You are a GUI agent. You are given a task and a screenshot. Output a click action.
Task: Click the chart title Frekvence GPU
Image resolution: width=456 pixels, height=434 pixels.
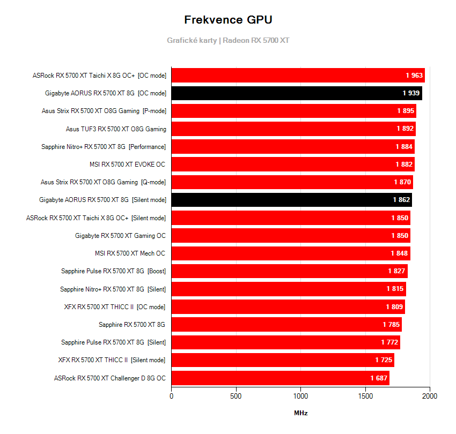point(228,20)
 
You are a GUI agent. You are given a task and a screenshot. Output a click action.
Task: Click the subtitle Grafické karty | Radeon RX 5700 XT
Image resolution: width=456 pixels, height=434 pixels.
point(228,40)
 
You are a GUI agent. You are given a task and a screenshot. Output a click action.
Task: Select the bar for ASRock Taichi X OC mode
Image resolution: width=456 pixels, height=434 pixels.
point(298,76)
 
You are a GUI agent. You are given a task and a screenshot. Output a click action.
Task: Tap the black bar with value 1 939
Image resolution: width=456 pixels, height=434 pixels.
point(297,93)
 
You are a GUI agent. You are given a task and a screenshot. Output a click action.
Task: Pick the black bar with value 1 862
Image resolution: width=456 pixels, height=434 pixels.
point(291,200)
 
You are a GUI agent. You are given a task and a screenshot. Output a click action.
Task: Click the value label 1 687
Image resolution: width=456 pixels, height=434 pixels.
point(379,378)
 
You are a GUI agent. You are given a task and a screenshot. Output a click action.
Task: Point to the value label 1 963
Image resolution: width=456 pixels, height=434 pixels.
point(415,76)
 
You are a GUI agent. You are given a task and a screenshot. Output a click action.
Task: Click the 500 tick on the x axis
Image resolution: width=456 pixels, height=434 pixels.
point(236,396)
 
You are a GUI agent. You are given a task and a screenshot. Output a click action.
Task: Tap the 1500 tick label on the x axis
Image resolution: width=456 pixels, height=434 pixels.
point(365,396)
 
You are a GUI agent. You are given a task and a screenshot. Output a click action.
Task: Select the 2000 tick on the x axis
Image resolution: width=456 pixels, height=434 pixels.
point(430,396)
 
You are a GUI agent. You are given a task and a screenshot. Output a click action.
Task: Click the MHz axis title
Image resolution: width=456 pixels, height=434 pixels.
point(300,413)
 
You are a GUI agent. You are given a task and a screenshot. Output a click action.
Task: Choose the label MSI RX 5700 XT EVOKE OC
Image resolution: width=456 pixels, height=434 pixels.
point(128,164)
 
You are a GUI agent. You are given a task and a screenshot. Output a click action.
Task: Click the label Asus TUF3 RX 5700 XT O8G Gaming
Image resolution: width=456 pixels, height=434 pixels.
point(116,129)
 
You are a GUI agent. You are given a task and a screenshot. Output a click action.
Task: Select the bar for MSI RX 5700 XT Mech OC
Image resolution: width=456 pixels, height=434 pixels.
point(291,253)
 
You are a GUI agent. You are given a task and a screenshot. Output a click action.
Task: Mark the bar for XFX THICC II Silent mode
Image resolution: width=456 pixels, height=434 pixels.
point(283,360)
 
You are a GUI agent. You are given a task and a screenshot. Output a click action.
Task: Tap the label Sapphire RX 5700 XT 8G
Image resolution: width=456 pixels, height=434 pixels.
point(132,324)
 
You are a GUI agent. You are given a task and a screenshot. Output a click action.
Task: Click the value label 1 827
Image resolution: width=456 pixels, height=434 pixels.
point(396,271)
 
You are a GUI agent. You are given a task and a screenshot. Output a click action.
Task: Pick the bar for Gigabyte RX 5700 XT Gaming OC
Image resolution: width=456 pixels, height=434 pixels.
point(291,235)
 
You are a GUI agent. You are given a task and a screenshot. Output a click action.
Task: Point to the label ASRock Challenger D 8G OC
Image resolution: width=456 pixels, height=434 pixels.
point(110,378)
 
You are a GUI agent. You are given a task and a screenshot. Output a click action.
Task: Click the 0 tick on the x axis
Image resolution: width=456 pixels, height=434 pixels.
point(172,396)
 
